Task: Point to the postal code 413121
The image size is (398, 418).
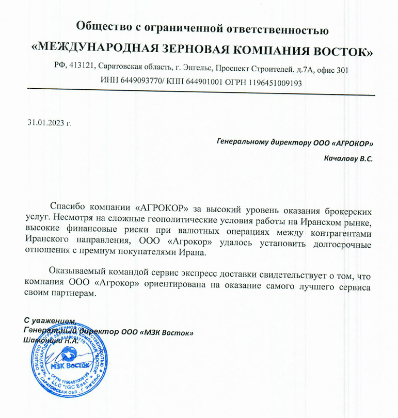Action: click(x=82, y=69)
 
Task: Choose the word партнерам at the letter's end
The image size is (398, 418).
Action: click(x=71, y=294)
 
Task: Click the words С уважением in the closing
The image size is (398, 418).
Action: click(x=50, y=321)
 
